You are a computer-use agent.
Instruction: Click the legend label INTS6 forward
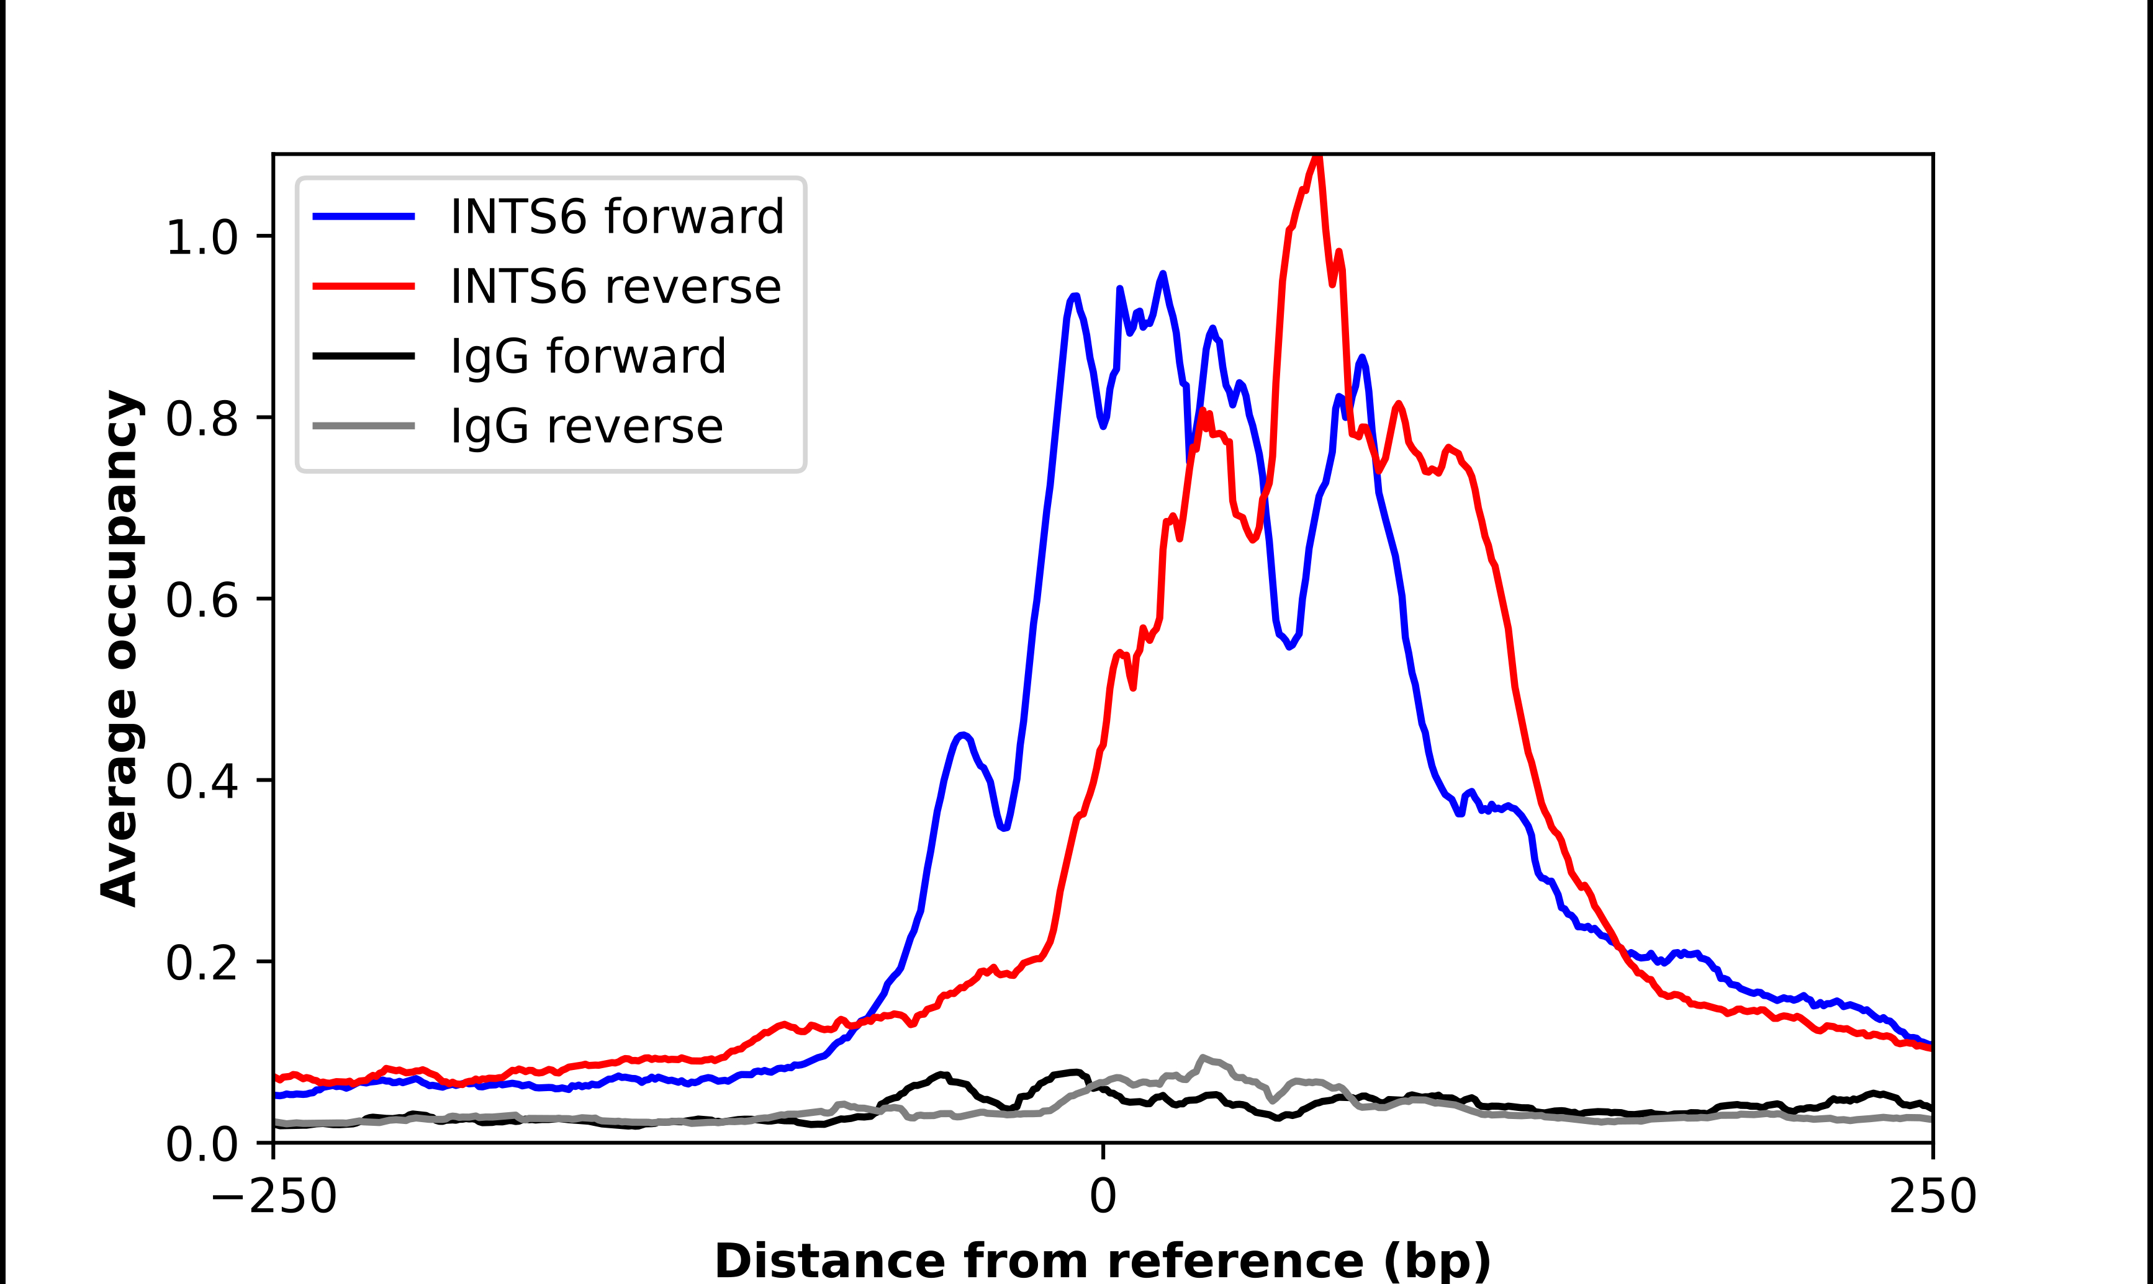(x=616, y=216)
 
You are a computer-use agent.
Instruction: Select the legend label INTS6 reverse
(x=615, y=287)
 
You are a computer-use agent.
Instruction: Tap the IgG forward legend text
(x=587, y=357)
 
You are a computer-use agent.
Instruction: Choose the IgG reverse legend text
(x=586, y=427)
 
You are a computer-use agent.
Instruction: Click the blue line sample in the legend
(x=364, y=216)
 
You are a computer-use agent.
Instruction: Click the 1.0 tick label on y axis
(x=201, y=237)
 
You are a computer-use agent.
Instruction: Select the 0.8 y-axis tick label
(x=201, y=419)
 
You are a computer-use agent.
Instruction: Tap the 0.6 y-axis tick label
(x=201, y=600)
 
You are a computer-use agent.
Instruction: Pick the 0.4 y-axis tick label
(x=201, y=782)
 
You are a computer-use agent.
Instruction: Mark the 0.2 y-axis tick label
(x=201, y=962)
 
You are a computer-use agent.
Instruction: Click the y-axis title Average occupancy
(x=119, y=648)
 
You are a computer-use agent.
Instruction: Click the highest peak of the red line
(x=1317, y=158)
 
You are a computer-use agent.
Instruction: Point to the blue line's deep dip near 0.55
(x=1290, y=646)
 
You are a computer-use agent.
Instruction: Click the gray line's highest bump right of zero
(x=1203, y=1058)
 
